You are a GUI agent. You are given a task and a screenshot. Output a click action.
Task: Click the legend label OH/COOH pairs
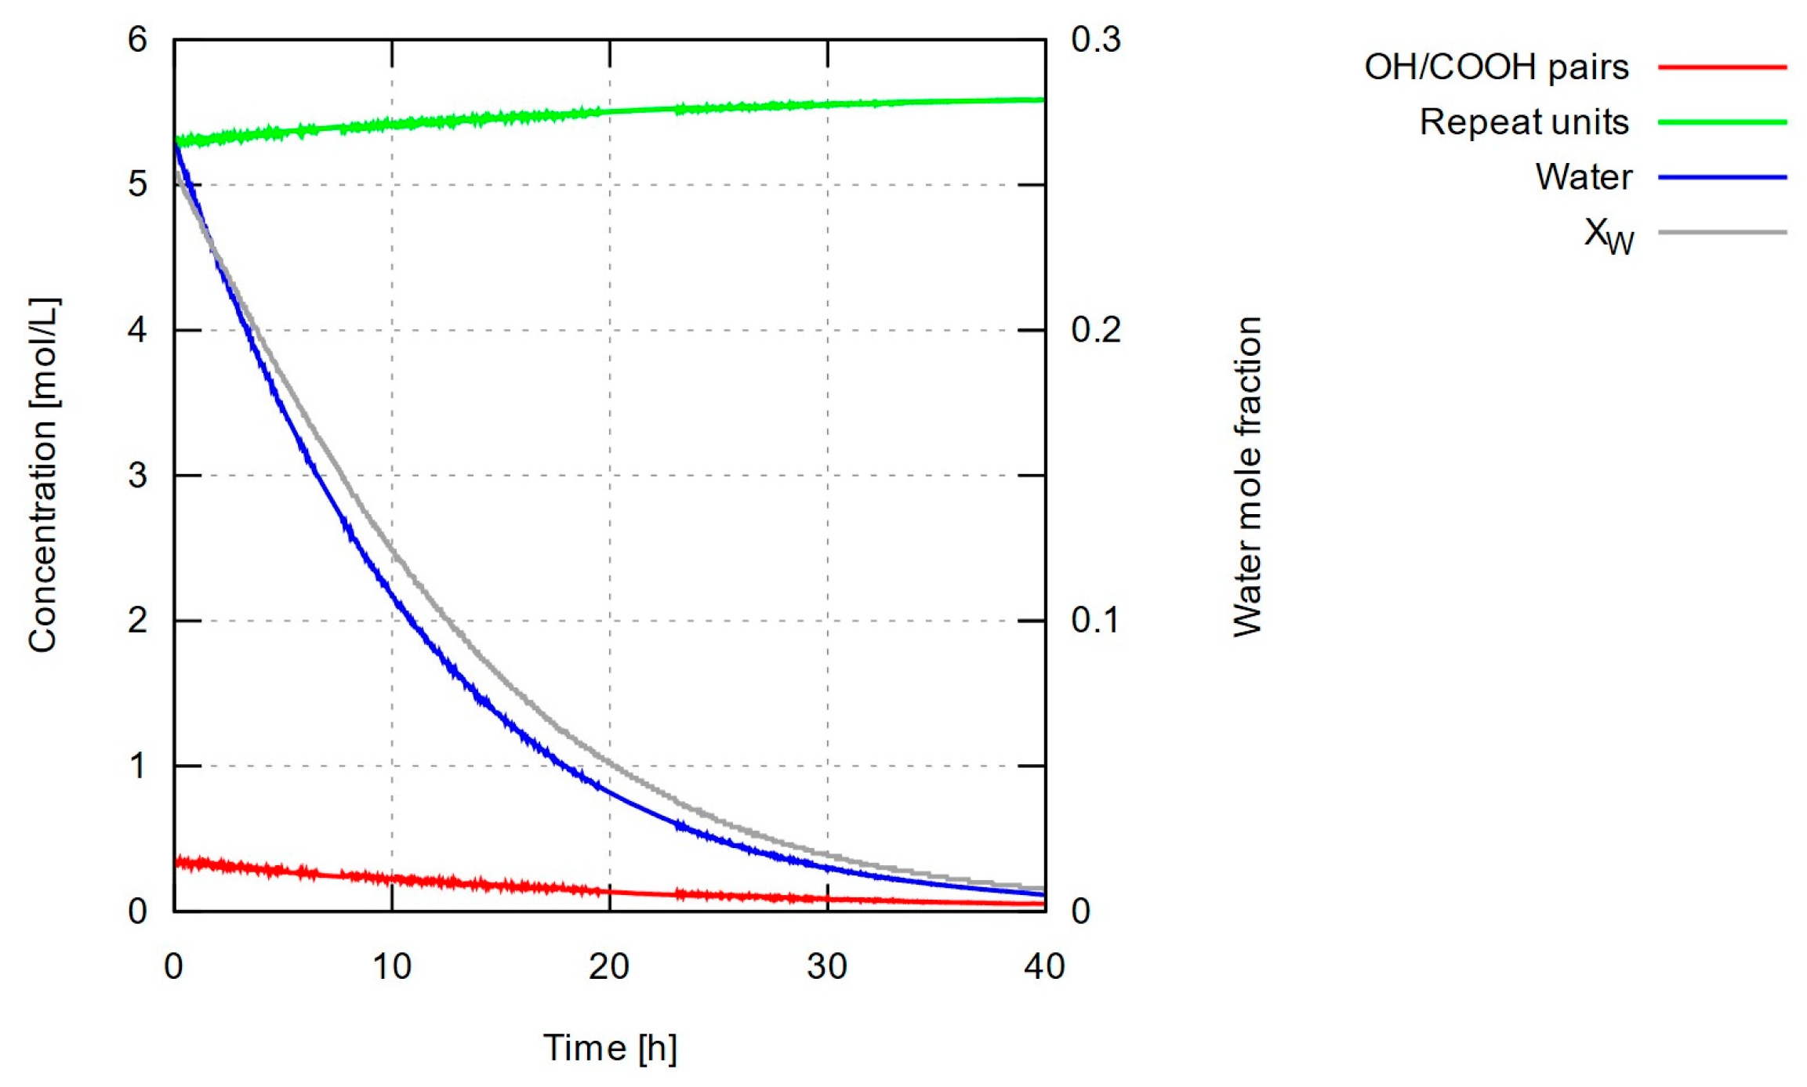(1496, 67)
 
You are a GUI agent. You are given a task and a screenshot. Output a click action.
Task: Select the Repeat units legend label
(1523, 122)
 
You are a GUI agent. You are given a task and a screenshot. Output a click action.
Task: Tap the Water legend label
(1583, 177)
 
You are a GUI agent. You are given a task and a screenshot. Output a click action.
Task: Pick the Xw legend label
(1608, 234)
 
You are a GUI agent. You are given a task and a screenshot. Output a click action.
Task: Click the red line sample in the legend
(1722, 67)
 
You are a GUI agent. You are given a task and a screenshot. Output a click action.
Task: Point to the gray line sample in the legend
(1722, 233)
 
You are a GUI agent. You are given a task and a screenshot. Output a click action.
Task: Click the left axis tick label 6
(137, 39)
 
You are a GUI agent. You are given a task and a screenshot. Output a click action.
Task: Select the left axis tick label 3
(137, 475)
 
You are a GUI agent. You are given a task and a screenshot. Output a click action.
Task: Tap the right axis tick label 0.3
(1095, 39)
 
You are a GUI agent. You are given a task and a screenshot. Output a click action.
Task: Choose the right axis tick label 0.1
(1095, 621)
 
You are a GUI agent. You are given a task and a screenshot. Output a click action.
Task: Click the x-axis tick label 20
(609, 967)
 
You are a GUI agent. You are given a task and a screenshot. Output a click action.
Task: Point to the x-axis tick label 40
(1044, 967)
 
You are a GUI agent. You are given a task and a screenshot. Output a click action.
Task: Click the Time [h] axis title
(610, 1048)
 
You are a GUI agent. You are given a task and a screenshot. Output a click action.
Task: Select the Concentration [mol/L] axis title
(44, 475)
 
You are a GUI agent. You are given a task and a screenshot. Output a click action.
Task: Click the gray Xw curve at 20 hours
(610, 759)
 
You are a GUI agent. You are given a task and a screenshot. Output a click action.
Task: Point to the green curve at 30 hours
(828, 104)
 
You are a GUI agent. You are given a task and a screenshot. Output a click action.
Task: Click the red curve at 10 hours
(392, 879)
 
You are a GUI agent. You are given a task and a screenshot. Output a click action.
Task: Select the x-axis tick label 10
(391, 967)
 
